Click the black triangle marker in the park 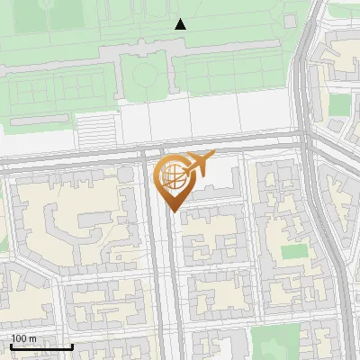click(x=180, y=24)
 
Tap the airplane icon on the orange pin click(x=199, y=164)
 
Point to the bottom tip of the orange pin click(x=173, y=211)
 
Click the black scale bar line click(x=41, y=346)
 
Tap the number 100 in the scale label click(x=20, y=338)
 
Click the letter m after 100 click(x=33, y=338)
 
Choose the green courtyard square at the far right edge click(x=339, y=104)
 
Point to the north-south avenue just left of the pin click(x=152, y=252)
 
